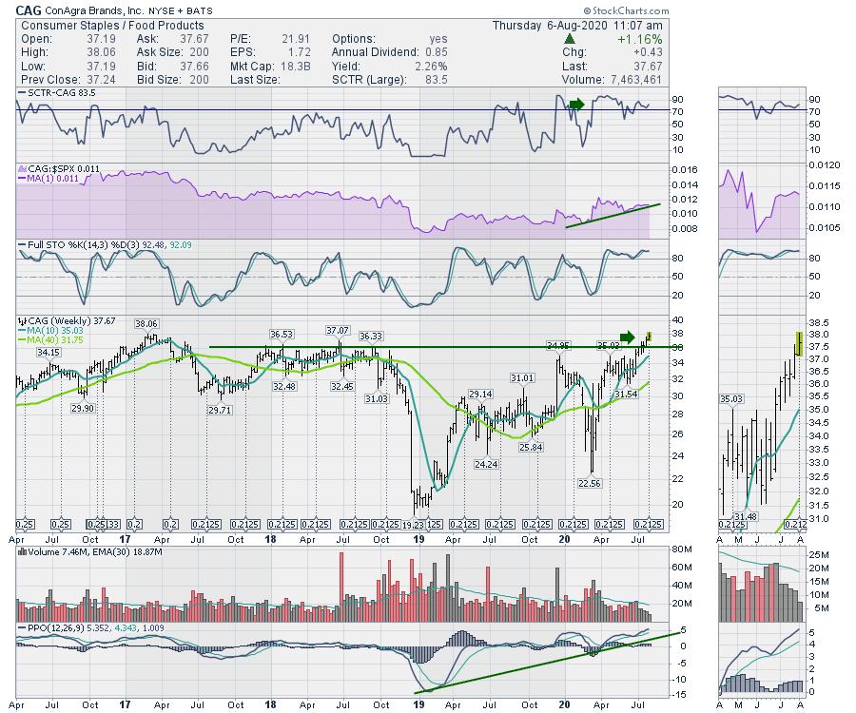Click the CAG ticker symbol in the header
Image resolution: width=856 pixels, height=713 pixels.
[29, 10]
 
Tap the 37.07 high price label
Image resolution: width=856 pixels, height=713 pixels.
[338, 330]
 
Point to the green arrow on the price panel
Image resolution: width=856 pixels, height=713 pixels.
[626, 337]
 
